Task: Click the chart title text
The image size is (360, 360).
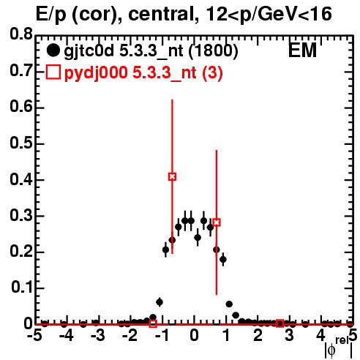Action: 184,14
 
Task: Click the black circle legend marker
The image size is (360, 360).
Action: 53,50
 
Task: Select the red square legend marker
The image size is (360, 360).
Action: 53,72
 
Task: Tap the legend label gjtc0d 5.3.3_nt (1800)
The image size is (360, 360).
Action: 151,50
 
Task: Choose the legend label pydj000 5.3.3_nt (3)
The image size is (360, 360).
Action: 143,72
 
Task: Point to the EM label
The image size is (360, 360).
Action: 302,50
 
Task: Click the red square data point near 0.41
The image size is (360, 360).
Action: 172,176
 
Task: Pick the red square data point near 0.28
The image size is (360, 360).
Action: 217,222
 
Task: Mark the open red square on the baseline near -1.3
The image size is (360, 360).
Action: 153,323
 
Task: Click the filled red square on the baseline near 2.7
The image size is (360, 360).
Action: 280,323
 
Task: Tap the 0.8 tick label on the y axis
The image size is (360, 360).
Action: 21,34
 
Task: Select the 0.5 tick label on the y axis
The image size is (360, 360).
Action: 21,143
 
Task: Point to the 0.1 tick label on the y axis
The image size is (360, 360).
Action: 22,288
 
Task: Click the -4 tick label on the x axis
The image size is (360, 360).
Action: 67,336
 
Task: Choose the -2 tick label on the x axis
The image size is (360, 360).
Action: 130,336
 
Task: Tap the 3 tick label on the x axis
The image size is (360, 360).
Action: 290,336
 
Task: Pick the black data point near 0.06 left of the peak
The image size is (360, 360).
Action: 160,302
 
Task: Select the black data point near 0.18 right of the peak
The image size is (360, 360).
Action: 223,259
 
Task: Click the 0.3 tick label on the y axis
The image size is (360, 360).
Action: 21,216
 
